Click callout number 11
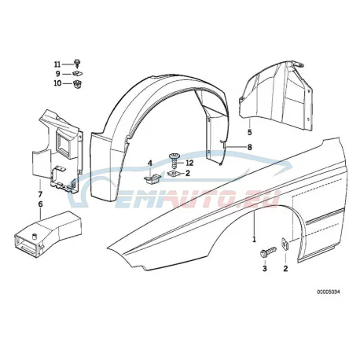(x=57, y=64)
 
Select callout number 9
(x=58, y=74)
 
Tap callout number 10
(x=57, y=83)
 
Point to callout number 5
(x=249, y=132)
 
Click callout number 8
(x=250, y=147)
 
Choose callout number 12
(x=189, y=163)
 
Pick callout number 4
(x=150, y=163)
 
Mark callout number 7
(x=40, y=194)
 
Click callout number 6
(x=40, y=204)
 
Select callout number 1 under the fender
(x=254, y=239)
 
